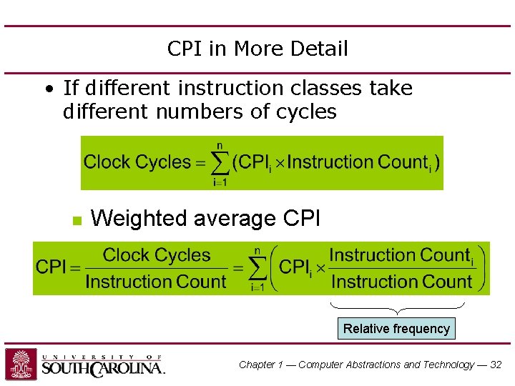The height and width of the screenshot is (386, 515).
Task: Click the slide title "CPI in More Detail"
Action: point(257,49)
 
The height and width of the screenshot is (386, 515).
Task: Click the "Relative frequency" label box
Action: point(396,329)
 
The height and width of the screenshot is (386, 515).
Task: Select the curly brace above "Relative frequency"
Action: point(396,308)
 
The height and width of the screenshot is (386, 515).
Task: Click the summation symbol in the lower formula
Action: point(257,269)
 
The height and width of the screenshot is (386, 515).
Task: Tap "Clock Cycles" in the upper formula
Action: point(137,162)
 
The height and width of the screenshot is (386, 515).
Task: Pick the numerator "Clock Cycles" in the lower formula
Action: point(157,255)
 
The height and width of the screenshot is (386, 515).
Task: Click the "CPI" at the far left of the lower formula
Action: point(51,267)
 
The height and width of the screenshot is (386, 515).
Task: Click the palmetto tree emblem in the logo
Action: point(21,364)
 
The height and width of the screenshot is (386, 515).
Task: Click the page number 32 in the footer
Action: point(496,365)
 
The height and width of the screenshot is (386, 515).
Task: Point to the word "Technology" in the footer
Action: point(447,365)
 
